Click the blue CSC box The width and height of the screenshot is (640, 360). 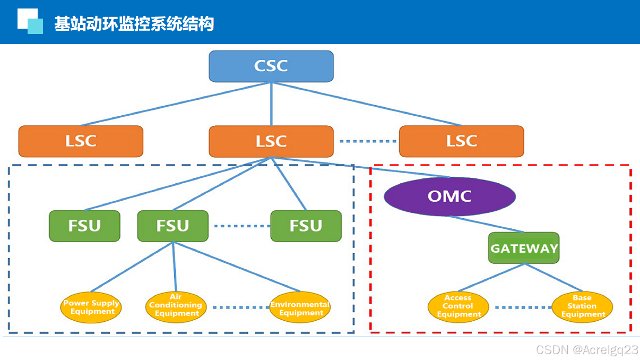click(271, 66)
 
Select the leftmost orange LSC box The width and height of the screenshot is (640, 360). click(81, 141)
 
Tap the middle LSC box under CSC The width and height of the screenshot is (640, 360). click(271, 141)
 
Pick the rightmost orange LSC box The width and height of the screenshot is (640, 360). click(461, 141)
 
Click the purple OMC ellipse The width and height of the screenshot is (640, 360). click(449, 196)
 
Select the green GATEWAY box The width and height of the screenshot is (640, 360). click(524, 248)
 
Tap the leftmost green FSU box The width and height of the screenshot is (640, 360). click(84, 226)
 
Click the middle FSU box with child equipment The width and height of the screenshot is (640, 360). click(172, 226)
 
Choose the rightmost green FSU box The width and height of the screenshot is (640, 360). click(306, 226)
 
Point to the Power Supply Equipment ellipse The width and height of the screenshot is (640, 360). click(91, 307)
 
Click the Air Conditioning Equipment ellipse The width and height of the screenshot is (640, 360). click(176, 306)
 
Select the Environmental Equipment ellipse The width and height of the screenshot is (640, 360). click(300, 308)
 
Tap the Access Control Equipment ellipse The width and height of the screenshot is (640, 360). click(458, 306)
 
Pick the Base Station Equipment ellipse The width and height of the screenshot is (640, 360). click(582, 306)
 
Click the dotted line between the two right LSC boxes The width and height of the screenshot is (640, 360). click(367, 141)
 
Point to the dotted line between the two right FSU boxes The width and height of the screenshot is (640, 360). click(241, 226)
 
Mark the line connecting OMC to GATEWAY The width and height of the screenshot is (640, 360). click(487, 224)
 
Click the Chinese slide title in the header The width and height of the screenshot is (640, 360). click(134, 24)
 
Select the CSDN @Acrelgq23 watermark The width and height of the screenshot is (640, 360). click(587, 350)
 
